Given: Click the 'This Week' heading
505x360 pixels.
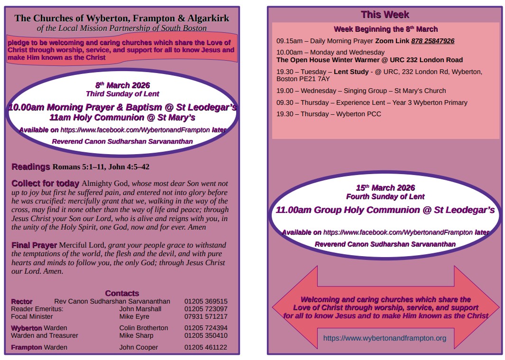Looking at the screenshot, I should pos(385,15).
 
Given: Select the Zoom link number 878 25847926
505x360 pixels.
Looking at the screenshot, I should pos(432,41).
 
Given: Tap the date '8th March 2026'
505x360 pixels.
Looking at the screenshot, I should pos(122,85).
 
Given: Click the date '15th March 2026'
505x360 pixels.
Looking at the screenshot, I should pos(385,188).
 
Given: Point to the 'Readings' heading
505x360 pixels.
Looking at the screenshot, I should pos(31,167).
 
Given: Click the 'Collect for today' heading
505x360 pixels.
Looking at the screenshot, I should pos(45,184).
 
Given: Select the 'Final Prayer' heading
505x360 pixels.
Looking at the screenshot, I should pos(34,245).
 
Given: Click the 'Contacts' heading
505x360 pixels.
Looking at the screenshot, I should pos(122,293).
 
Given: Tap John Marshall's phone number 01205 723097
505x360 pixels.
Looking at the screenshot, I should pos(206,309).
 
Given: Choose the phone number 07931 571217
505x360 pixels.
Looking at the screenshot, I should pos(206,316).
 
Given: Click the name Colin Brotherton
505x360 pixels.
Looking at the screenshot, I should pos(144,328).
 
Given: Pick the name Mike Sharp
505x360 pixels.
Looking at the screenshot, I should pos(137,335).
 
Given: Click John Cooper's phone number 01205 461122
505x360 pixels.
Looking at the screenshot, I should pos(206,347).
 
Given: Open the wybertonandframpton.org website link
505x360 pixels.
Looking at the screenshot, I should pos(385,338).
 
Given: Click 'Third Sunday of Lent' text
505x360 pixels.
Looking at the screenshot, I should pos(122,94).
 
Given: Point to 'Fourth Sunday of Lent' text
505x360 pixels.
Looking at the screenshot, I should pos(385,196).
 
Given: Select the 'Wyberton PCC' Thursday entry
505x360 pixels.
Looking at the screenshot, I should pos(358,114).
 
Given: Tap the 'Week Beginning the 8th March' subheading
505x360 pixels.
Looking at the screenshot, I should pos(386,29).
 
